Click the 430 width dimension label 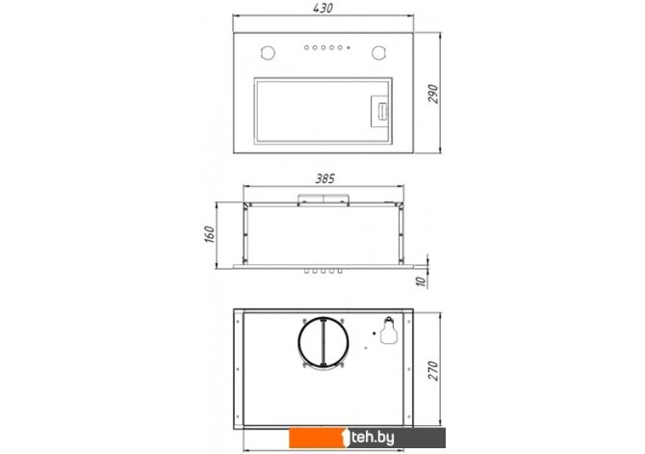(322, 8)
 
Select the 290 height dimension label (433, 93)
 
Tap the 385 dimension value (325, 178)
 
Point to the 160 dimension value (210, 234)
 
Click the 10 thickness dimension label (421, 281)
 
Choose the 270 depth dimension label (433, 371)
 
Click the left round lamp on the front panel (268, 53)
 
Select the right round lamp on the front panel (379, 53)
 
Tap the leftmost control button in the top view (306, 48)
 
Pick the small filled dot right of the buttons (348, 48)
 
